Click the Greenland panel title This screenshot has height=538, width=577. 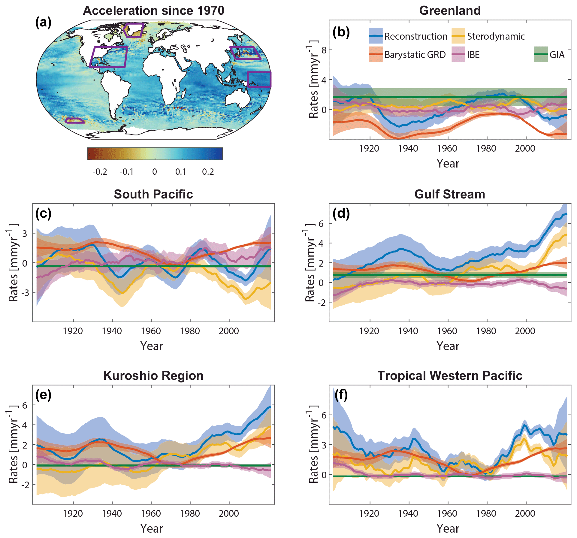click(x=450, y=11)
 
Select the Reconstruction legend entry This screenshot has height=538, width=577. click(x=415, y=36)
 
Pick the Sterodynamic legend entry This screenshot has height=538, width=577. click(x=496, y=36)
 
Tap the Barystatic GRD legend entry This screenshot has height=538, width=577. click(x=415, y=55)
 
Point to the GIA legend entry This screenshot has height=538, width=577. click(x=557, y=55)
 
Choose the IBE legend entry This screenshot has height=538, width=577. click(x=473, y=55)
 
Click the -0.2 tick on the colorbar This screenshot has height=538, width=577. click(x=100, y=172)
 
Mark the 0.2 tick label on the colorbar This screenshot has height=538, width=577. click(x=208, y=172)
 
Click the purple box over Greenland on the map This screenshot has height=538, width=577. click(x=134, y=30)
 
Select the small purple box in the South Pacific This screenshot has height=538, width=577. click(x=75, y=121)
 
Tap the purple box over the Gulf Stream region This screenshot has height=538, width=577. click(x=109, y=57)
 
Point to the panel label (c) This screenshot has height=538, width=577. click(x=43, y=213)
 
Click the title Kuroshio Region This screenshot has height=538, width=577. click(x=153, y=376)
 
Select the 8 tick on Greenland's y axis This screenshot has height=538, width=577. click(x=324, y=50)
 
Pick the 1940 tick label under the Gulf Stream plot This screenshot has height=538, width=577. click(x=408, y=331)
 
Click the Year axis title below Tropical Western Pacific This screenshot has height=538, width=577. click(x=448, y=529)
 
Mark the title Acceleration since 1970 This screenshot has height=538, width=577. click(x=153, y=11)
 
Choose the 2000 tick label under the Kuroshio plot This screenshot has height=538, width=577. click(x=229, y=513)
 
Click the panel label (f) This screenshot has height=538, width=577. click(x=341, y=395)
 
